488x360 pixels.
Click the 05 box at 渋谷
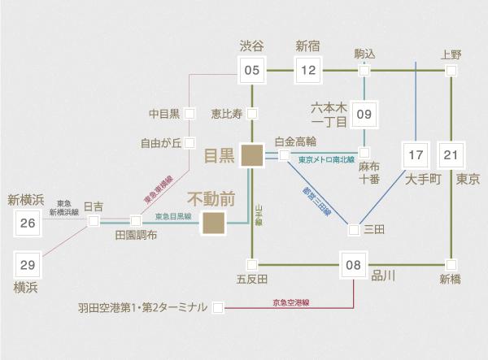252,70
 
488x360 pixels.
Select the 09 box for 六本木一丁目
364,114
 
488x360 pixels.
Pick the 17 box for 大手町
416,155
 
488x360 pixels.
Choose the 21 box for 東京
452,155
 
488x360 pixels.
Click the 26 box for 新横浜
27,223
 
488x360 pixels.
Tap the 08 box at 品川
353,264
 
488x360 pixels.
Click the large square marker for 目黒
252,154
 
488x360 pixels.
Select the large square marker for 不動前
214,221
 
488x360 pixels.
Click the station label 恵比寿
225,113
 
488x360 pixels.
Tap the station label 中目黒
166,113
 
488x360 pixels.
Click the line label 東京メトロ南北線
327,160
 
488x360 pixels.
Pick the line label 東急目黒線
172,216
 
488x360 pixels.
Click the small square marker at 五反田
252,264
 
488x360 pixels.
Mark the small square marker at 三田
353,230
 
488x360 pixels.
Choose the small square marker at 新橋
452,264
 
